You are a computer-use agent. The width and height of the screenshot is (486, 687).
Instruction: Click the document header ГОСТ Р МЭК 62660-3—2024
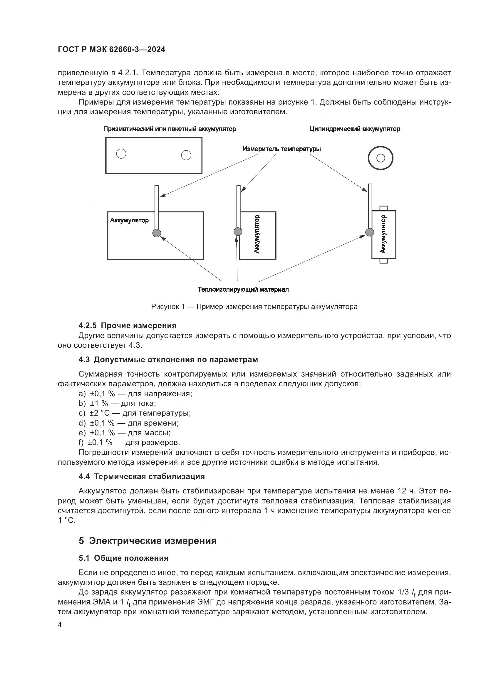coord(111,50)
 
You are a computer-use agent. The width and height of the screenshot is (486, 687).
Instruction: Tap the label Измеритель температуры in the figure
coord(281,149)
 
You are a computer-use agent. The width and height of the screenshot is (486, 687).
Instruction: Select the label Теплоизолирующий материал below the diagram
coord(243,289)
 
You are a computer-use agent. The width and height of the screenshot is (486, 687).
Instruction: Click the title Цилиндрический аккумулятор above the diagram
coord(355,129)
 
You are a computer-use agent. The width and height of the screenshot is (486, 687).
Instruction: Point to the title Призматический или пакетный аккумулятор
coord(169,129)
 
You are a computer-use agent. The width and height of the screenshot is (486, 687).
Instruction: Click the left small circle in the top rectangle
coord(121,154)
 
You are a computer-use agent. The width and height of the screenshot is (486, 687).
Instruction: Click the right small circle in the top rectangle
coord(186,155)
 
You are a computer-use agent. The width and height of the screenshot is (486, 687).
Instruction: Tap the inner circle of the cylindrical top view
coord(381,158)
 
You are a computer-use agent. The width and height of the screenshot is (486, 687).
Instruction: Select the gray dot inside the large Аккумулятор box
coord(157,233)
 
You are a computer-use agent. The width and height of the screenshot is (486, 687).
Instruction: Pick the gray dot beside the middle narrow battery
coord(238,231)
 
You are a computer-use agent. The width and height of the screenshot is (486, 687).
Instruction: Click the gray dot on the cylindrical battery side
coord(370,232)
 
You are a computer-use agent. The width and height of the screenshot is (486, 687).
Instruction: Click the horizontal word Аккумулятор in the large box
coord(129,221)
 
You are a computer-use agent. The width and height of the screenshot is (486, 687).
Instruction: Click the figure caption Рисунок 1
coord(254,307)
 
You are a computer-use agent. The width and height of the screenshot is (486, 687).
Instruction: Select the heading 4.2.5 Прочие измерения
coord(127,325)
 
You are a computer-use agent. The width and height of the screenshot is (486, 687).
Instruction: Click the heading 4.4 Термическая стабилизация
coord(142,477)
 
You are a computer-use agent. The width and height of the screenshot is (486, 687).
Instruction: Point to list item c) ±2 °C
coord(134,413)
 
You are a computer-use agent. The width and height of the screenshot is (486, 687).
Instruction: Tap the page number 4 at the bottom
coord(60,625)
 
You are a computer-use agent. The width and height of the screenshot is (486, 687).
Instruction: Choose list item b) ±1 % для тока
coord(117,403)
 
